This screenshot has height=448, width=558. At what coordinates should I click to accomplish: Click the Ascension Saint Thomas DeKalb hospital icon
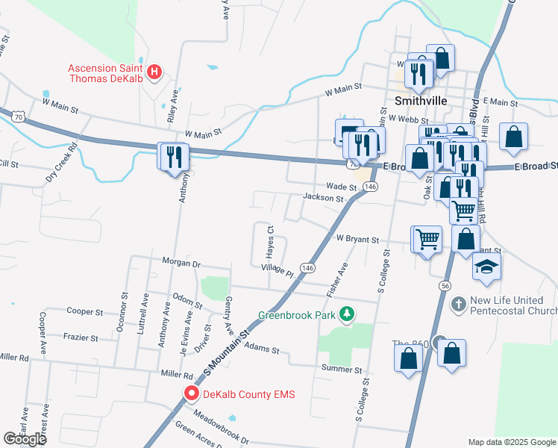(154, 72)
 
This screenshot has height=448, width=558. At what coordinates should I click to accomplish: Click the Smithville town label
(420, 100)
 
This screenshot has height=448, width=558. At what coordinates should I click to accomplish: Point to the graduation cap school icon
(486, 267)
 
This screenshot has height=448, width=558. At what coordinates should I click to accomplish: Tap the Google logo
(25, 439)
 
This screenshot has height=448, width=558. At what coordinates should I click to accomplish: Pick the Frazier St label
(81, 337)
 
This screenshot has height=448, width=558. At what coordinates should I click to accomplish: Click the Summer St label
(342, 370)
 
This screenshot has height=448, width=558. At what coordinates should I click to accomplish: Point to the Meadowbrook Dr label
(219, 424)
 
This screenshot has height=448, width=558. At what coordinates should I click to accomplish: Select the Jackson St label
(323, 199)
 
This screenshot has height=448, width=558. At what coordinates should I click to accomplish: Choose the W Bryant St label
(358, 239)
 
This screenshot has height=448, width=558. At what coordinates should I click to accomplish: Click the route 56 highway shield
(445, 286)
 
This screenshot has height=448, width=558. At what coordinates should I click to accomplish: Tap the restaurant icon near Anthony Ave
(173, 156)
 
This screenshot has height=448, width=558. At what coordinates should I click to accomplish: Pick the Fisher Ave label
(343, 279)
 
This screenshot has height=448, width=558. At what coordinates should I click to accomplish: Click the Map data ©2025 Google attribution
(511, 442)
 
